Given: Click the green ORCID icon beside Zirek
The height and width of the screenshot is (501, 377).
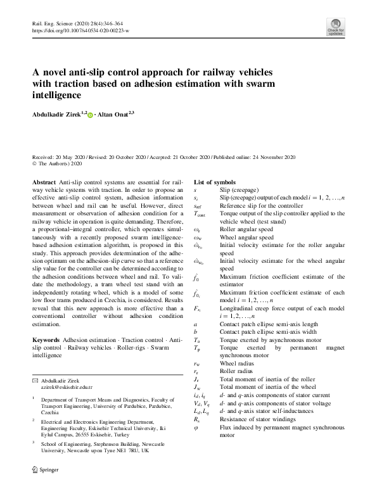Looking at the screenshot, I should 89,115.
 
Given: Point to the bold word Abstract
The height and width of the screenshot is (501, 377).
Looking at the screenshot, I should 43,181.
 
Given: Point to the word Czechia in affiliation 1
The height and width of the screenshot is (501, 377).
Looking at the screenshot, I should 50,412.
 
